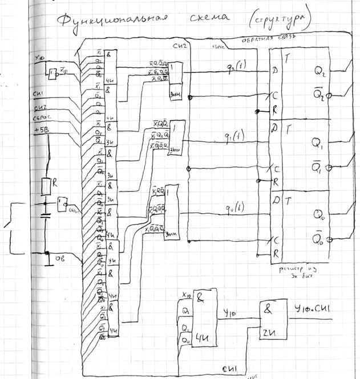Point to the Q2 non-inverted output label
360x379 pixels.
pos(320,70)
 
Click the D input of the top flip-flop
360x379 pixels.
pos(276,71)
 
